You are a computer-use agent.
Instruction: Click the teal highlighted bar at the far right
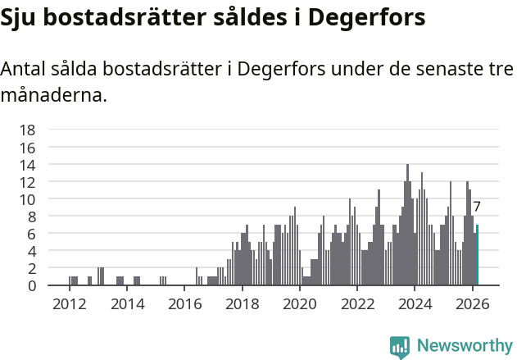pyautogui.click(x=477, y=255)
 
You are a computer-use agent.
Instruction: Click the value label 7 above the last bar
pyautogui.click(x=477, y=207)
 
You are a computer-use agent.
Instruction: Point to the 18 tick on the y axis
pyautogui.click(x=27, y=130)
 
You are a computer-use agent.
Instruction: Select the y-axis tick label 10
pyautogui.click(x=27, y=199)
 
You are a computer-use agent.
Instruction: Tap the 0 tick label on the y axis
pyautogui.click(x=31, y=285)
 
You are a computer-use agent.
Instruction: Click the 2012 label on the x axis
pyautogui.click(x=70, y=304)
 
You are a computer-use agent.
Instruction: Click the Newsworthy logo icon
pyautogui.click(x=400, y=346)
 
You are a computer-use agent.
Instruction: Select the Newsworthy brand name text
pyautogui.click(x=464, y=346)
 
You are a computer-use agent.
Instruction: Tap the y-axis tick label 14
pyautogui.click(x=27, y=164)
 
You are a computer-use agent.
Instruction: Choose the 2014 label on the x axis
pyautogui.click(x=127, y=304)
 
